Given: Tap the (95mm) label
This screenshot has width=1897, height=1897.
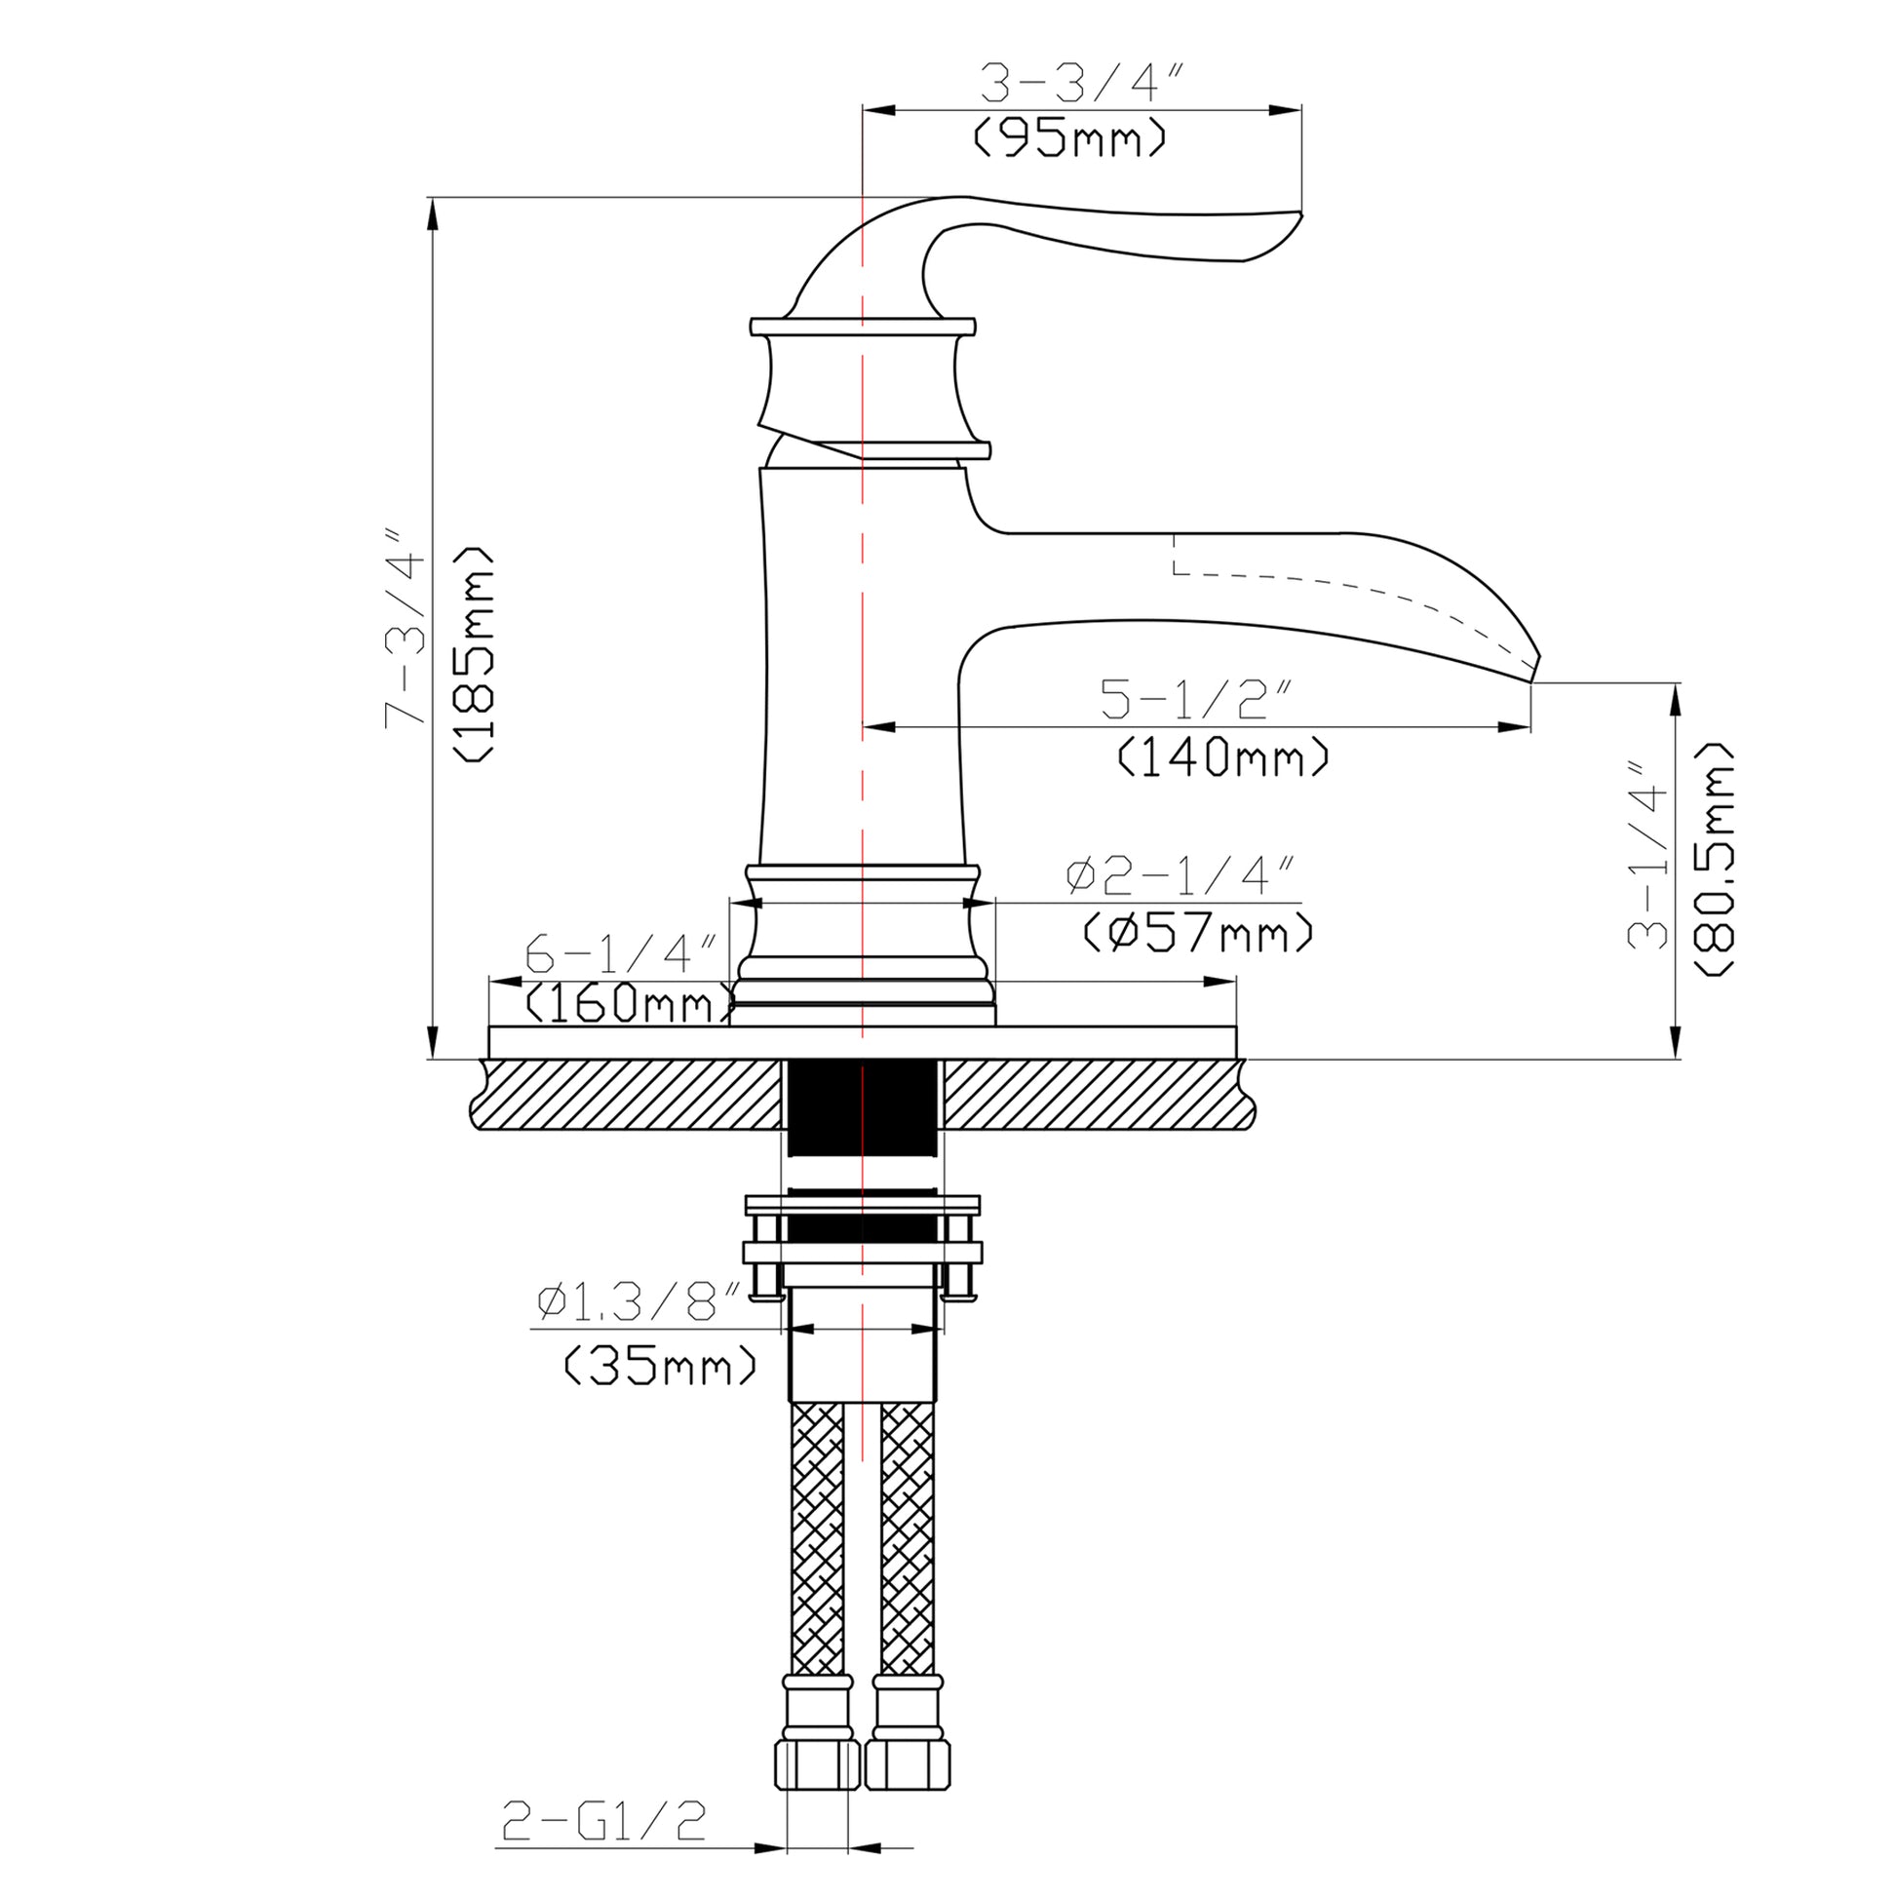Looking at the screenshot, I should tap(1070, 138).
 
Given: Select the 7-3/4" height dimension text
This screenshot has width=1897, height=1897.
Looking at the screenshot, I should tap(405, 629).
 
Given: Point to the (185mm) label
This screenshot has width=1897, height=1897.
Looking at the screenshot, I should tap(474, 653).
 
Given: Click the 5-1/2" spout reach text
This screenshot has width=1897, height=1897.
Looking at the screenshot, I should tap(1194, 699).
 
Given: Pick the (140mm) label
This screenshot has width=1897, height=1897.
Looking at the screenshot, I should tap(1223, 757).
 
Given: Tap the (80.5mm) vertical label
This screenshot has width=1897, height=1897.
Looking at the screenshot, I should tap(1715, 858).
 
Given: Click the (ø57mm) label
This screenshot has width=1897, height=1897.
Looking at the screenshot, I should tap(1197, 932).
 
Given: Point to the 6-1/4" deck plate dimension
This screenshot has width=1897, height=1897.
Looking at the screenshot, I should tap(621, 952).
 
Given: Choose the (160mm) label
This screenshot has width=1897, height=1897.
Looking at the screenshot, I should tap(630, 1003).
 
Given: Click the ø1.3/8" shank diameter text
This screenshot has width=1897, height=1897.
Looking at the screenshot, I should tap(639, 1302).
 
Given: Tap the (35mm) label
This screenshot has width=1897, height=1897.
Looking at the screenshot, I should tap(661, 1365).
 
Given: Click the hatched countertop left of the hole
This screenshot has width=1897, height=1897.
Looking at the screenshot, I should tap(629, 1094).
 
